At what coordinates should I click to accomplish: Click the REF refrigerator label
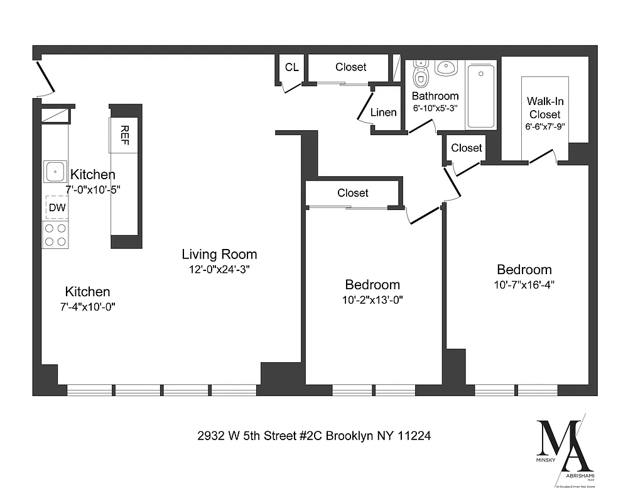click(125, 135)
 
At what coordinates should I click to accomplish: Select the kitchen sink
click(55, 171)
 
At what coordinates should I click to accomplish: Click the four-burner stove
click(55, 235)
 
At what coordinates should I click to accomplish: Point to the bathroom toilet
click(420, 77)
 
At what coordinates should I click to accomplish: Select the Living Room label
click(219, 255)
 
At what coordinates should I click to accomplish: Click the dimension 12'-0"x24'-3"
click(219, 269)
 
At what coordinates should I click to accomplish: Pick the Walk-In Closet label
click(544, 108)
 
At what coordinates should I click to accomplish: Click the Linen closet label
click(383, 113)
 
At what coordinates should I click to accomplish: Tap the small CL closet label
click(291, 67)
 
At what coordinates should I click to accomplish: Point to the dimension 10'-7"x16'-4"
click(524, 284)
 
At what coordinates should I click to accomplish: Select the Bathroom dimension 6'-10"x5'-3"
click(435, 108)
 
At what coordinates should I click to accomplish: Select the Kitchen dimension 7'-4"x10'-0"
click(87, 306)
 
